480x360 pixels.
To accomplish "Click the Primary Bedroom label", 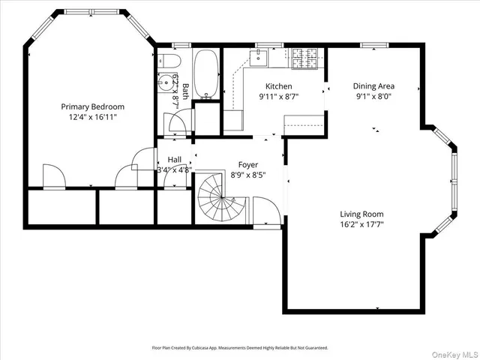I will [x=92, y=106].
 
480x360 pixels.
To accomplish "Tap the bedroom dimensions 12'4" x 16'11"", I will [x=92, y=117].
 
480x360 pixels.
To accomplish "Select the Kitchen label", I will [x=276, y=86].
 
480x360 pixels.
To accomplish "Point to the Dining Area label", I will [x=374, y=85].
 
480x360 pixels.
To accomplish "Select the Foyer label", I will [x=248, y=164].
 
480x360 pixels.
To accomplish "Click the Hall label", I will [x=174, y=159].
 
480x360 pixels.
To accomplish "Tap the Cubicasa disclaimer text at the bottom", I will [x=239, y=348].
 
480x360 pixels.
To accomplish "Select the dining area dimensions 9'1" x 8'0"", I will [x=374, y=96].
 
